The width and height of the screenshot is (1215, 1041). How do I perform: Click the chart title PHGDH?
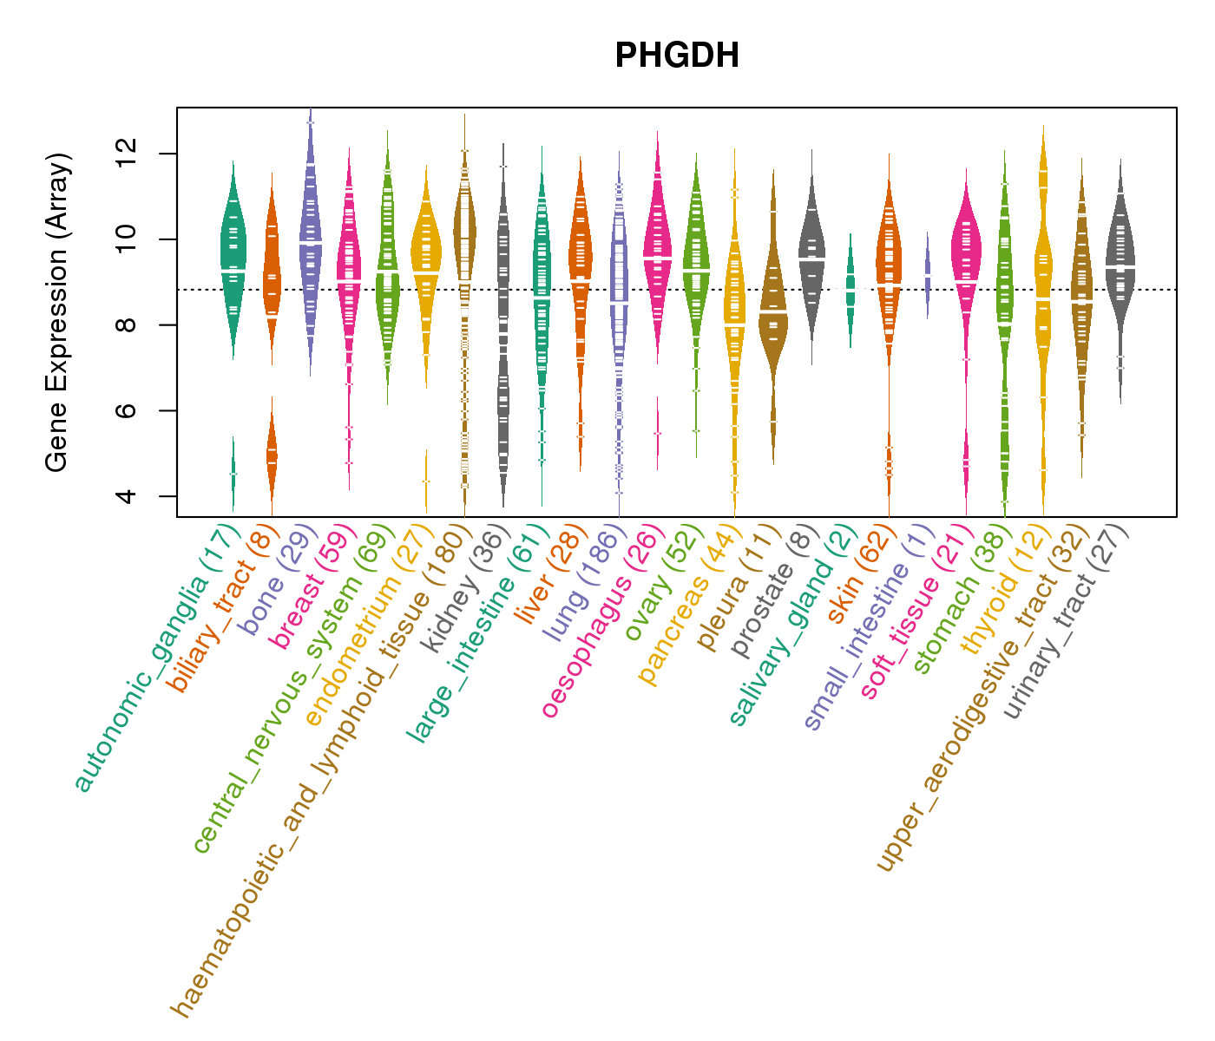pos(677,56)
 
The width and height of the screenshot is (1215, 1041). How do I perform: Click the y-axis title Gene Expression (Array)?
pos(57,312)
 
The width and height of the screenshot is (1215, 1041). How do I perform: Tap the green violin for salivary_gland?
pos(850,286)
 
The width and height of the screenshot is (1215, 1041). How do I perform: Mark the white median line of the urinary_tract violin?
pos(1120,266)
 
